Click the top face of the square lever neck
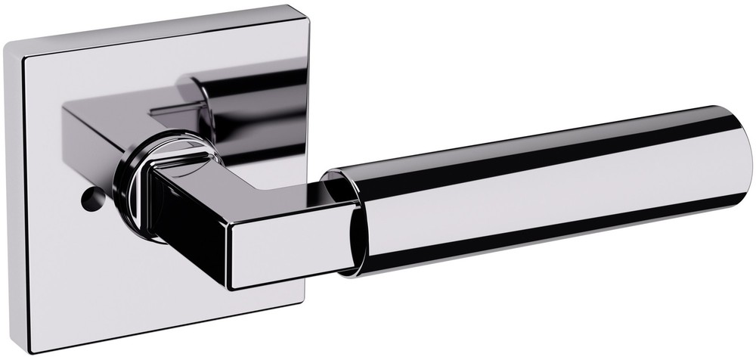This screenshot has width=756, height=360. [249, 189]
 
